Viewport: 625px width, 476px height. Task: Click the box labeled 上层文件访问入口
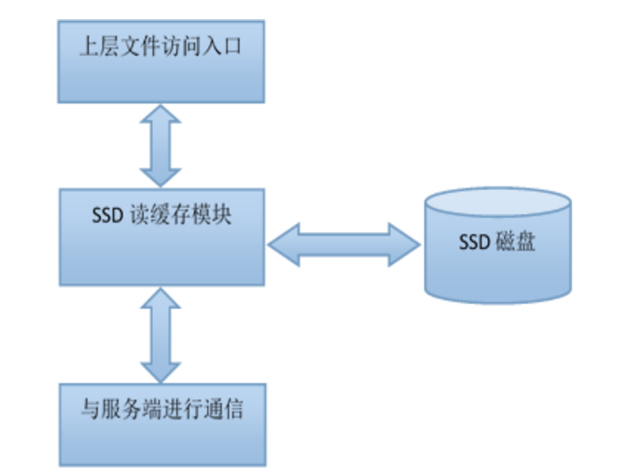click(x=161, y=60)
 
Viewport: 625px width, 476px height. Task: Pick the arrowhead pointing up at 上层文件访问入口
click(x=161, y=115)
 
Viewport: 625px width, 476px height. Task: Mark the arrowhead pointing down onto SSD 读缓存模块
click(x=161, y=176)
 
